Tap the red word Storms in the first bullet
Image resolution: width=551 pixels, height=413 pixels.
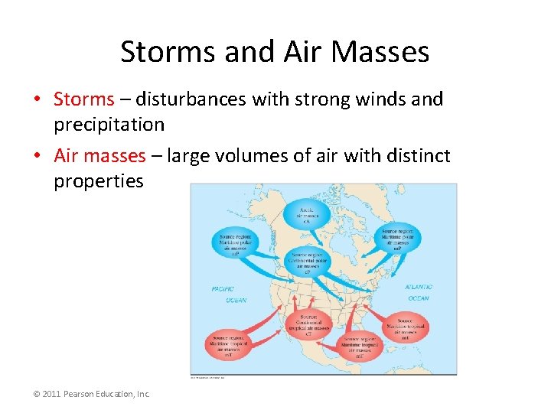tap(83, 99)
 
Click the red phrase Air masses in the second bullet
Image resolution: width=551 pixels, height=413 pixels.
tap(99, 156)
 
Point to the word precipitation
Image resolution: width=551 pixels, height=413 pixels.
tap(109, 124)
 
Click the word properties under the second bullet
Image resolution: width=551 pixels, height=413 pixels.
tap(98, 181)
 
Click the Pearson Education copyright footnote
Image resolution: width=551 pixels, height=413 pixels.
tap(91, 394)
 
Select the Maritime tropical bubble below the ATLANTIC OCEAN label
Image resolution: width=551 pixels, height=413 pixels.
tap(405, 327)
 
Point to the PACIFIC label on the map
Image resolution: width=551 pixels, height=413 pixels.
tap(223, 289)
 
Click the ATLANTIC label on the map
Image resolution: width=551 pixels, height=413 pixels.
tap(419, 287)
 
